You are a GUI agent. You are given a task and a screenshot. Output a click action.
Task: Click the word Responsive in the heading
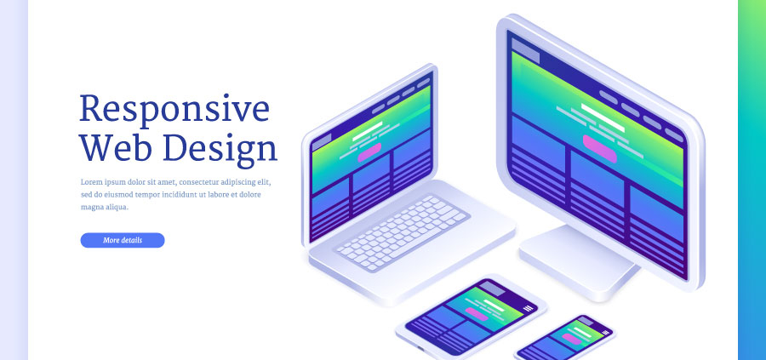[174, 110]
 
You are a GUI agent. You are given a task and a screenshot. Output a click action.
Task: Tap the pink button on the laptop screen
[369, 154]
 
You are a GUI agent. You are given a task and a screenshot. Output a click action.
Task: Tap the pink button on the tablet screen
[477, 314]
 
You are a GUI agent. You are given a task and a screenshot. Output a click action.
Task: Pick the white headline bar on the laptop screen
[368, 134]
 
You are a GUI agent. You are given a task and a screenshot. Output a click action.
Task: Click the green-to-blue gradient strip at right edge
[752, 180]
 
